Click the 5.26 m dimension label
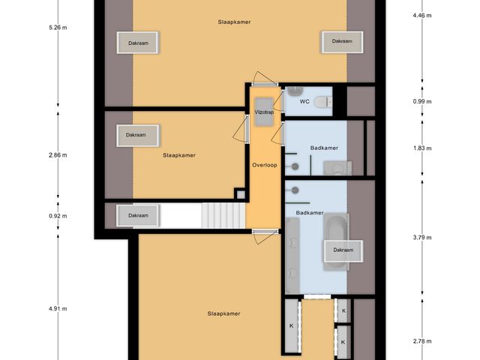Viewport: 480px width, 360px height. click(x=58, y=28)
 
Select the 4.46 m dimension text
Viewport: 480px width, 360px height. click(x=422, y=14)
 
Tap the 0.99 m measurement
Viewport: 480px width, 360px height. click(x=422, y=101)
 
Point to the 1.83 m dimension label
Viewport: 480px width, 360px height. click(x=422, y=148)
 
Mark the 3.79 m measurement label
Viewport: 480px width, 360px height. click(x=422, y=238)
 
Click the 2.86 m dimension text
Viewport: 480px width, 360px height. click(x=58, y=155)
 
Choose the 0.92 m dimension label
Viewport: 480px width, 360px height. click(x=58, y=215)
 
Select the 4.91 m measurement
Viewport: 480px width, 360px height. click(x=58, y=308)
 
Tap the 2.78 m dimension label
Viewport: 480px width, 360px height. click(x=422, y=340)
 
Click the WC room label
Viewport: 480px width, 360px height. click(x=304, y=100)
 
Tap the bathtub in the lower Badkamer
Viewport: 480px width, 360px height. click(x=334, y=241)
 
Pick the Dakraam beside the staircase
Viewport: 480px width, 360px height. click(x=138, y=216)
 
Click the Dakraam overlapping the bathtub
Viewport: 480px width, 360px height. click(x=343, y=250)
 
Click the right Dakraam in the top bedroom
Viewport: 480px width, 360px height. click(x=343, y=43)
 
